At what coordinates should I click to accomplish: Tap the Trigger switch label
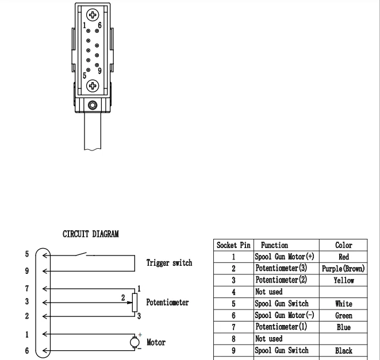point(169,263)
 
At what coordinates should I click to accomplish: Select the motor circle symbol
point(134,342)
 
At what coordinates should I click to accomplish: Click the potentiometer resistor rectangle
point(135,301)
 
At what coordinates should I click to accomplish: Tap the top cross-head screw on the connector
point(92,14)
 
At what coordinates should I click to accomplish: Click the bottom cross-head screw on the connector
point(92,86)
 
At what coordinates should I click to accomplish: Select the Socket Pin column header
point(233,245)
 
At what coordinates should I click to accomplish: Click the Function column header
point(274,245)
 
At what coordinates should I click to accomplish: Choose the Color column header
point(343,245)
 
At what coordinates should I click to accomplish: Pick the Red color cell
point(343,257)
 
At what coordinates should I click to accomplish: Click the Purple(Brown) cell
point(343,268)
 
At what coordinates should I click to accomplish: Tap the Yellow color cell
point(343,280)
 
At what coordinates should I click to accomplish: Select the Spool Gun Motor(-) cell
point(285,315)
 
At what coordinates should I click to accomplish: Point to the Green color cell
point(343,315)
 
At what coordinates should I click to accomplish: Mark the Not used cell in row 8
point(268,339)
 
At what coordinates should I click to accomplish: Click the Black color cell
point(343,350)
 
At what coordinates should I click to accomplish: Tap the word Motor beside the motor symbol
point(156,342)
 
